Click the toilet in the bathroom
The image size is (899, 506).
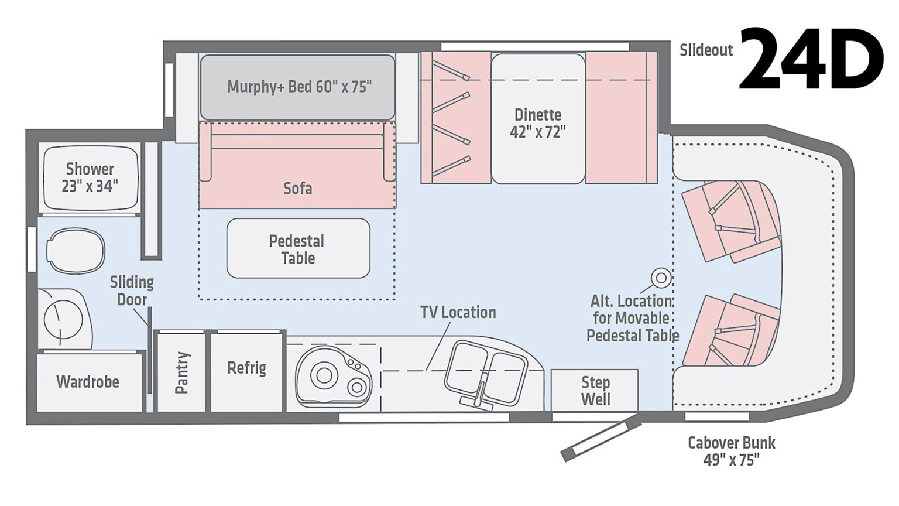[75, 251]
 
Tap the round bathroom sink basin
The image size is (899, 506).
[63, 319]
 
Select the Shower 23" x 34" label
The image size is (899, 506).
[90, 177]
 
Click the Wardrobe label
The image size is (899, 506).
[88, 382]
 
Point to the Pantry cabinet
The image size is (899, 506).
[182, 372]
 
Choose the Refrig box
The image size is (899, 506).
[246, 368]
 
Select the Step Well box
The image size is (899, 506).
[595, 391]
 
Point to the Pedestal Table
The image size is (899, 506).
[298, 249]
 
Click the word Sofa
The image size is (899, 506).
[297, 189]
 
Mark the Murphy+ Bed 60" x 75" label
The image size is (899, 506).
[298, 87]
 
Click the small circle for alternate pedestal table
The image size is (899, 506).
[661, 278]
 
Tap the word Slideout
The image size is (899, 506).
[706, 50]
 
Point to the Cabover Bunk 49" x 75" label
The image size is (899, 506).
[731, 451]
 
